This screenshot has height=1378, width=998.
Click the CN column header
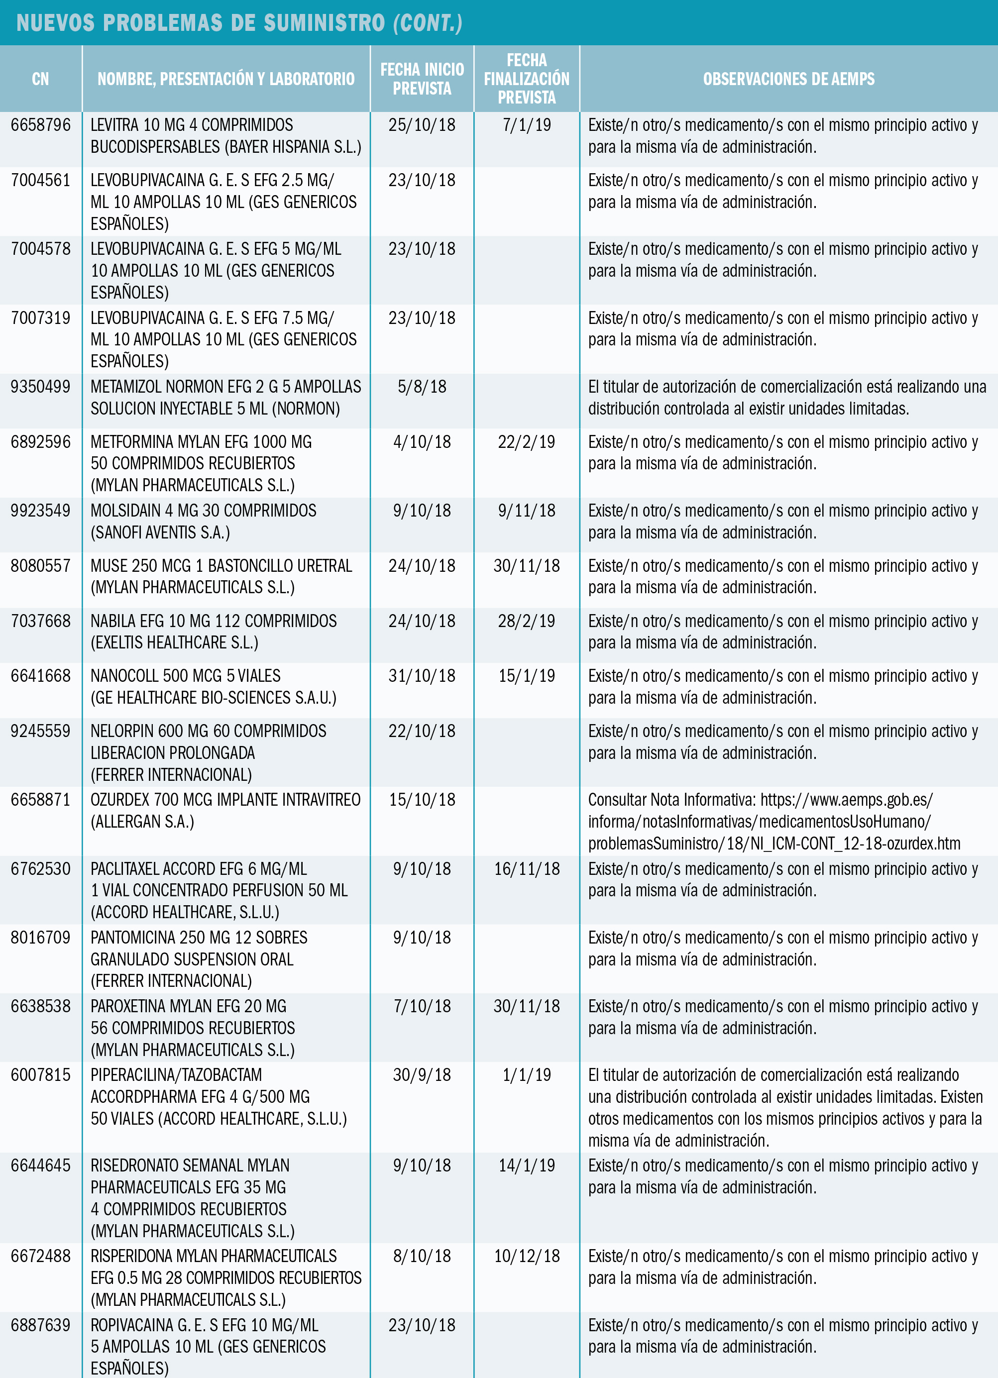[40, 79]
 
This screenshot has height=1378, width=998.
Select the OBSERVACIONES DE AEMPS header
[788, 79]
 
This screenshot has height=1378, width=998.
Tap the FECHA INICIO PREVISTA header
[422, 79]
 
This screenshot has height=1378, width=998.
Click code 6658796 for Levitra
[41, 125]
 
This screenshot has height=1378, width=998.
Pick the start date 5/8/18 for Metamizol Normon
[422, 387]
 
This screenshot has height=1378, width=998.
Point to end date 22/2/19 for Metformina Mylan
[526, 442]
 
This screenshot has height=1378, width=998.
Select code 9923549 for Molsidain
[41, 511]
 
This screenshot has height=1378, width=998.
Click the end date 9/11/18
[526, 511]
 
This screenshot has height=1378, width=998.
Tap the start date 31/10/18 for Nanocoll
[422, 676]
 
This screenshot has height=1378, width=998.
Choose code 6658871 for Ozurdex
[41, 800]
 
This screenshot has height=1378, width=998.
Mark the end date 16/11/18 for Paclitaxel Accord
[526, 869]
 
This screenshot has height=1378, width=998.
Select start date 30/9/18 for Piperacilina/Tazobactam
[422, 1075]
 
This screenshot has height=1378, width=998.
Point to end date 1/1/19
[526, 1075]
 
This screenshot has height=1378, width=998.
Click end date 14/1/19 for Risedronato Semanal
[526, 1166]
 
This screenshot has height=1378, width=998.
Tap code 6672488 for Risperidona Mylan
[41, 1257]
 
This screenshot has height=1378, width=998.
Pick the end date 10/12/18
[526, 1257]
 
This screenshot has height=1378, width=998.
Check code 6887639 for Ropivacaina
[41, 1325]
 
